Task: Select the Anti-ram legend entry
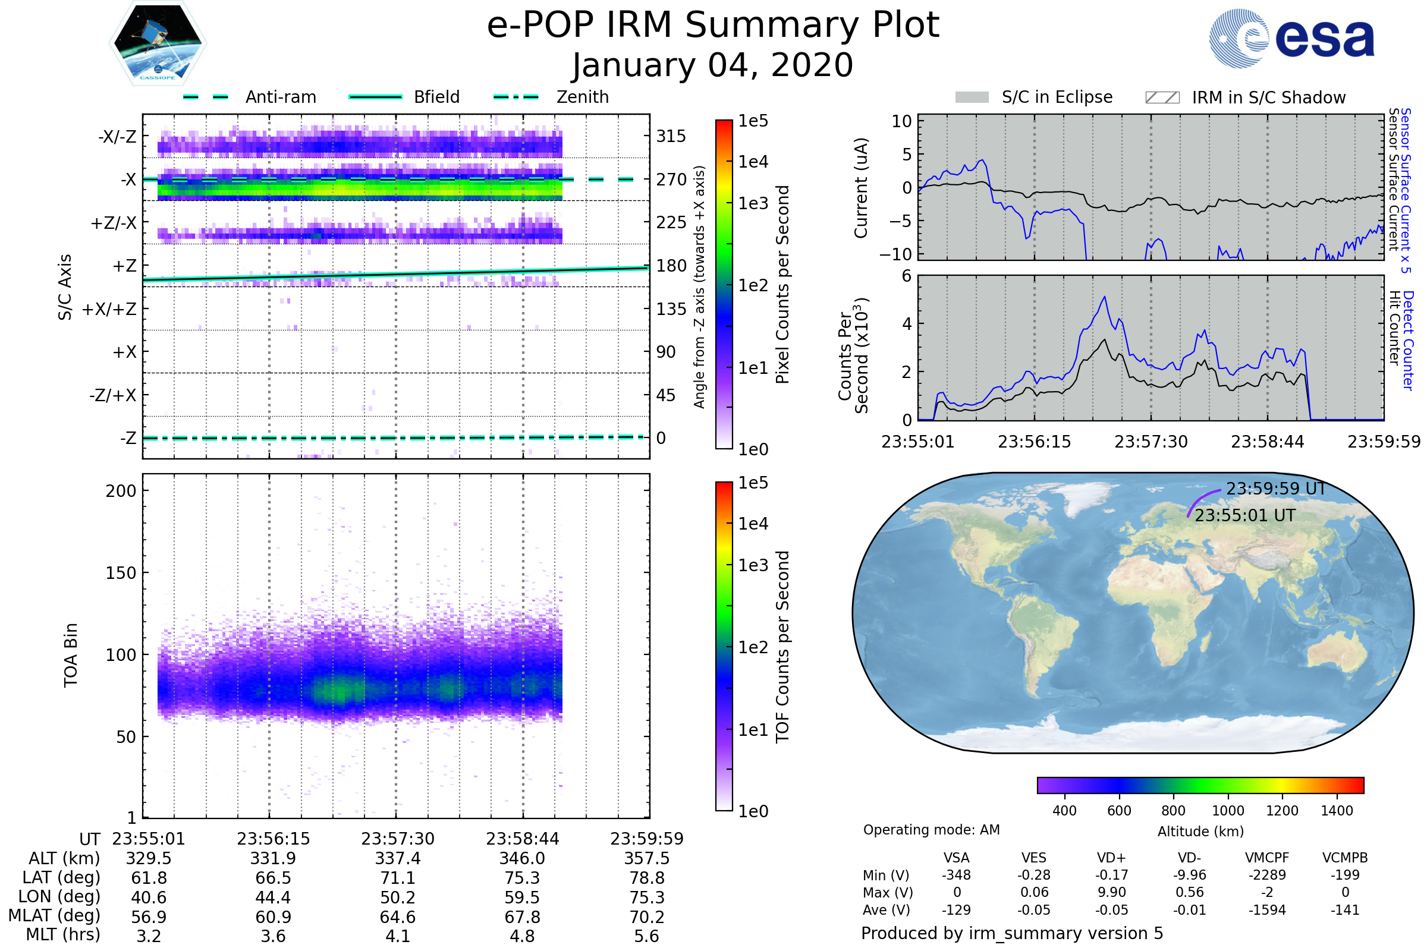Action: pyautogui.click(x=250, y=97)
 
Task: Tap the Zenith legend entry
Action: pyautogui.click(x=551, y=97)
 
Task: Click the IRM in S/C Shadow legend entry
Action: pyautogui.click(x=1245, y=97)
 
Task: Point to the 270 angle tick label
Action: pyautogui.click(x=671, y=180)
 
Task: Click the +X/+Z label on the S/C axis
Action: pyautogui.click(x=109, y=309)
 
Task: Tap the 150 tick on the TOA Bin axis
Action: pyautogui.click(x=121, y=572)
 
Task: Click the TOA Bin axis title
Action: pyautogui.click(x=70, y=654)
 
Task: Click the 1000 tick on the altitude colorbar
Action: pyautogui.click(x=1227, y=810)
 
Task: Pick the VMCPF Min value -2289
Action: pyautogui.click(x=1267, y=874)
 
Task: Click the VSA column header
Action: pyautogui.click(x=956, y=858)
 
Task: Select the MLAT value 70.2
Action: pyautogui.click(x=647, y=917)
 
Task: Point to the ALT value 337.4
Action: pyautogui.click(x=397, y=858)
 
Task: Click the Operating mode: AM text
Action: pyautogui.click(x=931, y=829)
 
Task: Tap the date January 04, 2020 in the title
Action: pyautogui.click(x=713, y=65)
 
